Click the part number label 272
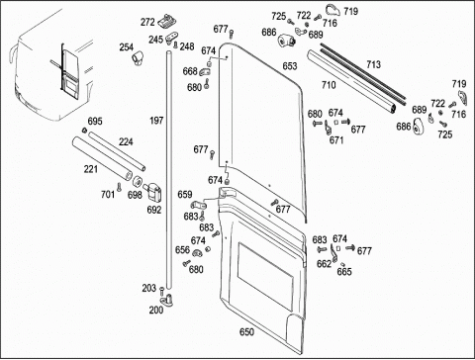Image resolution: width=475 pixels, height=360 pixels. pyautogui.click(x=147, y=22)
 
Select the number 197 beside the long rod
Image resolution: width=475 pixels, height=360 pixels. pyautogui.click(x=156, y=121)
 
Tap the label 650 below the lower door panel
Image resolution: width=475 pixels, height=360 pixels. pyautogui.click(x=246, y=332)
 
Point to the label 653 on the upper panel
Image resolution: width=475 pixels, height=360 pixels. pyautogui.click(x=290, y=66)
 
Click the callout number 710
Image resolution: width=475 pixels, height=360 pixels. pyautogui.click(x=329, y=85)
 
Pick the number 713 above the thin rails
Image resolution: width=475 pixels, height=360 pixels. pyautogui.click(x=373, y=64)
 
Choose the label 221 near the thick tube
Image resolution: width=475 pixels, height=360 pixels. pyautogui.click(x=91, y=169)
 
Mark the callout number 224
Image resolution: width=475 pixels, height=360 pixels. pyautogui.click(x=126, y=142)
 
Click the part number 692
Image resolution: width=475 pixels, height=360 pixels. pyautogui.click(x=154, y=210)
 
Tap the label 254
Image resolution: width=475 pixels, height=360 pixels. pyautogui.click(x=127, y=47)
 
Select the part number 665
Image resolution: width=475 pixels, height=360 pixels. pyautogui.click(x=344, y=272)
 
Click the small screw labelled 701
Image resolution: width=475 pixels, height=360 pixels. pyautogui.click(x=119, y=187)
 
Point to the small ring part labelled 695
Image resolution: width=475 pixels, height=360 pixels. pyautogui.click(x=84, y=131)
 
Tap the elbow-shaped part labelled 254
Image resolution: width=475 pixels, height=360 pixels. pyautogui.click(x=138, y=58)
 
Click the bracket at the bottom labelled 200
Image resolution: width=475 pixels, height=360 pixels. pyautogui.click(x=168, y=301)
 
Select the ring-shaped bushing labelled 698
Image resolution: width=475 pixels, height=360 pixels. pyautogui.click(x=138, y=181)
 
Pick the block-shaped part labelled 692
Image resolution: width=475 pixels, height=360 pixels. pyautogui.click(x=152, y=192)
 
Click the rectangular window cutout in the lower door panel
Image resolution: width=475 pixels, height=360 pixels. pyautogui.click(x=265, y=277)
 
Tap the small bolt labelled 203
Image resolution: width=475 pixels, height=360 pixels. pyautogui.click(x=161, y=291)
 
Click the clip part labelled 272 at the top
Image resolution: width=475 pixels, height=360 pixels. pyautogui.click(x=167, y=21)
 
